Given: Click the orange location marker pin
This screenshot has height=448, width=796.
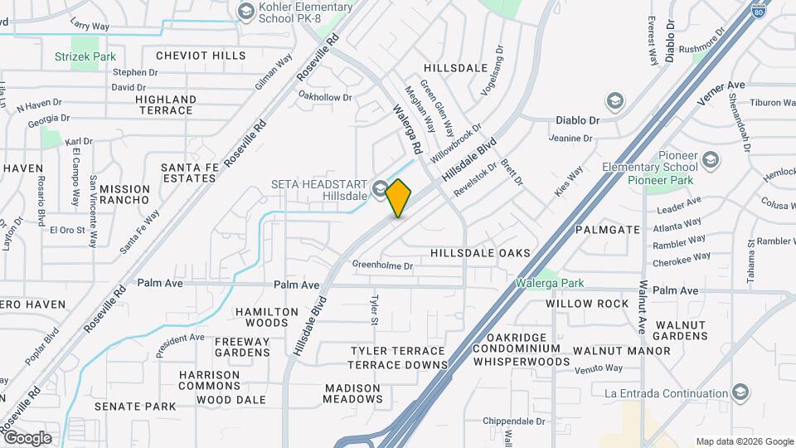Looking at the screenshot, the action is (x=399, y=198).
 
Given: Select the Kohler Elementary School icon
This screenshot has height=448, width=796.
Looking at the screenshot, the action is (x=246, y=11).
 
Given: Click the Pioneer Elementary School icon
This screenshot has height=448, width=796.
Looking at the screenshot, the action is (x=711, y=159).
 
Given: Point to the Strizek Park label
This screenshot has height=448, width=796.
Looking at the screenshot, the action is (x=85, y=56).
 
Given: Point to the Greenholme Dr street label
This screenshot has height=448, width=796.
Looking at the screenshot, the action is (x=382, y=265).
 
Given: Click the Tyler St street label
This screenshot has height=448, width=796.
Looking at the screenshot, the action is (x=374, y=309).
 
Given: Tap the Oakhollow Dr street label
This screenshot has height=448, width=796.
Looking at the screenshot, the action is (x=325, y=97).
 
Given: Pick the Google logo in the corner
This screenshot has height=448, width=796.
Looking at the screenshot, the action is (x=27, y=437).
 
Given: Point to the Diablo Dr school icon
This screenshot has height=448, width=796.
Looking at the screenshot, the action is (x=614, y=101).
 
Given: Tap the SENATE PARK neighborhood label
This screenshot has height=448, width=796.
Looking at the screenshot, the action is (x=135, y=407).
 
